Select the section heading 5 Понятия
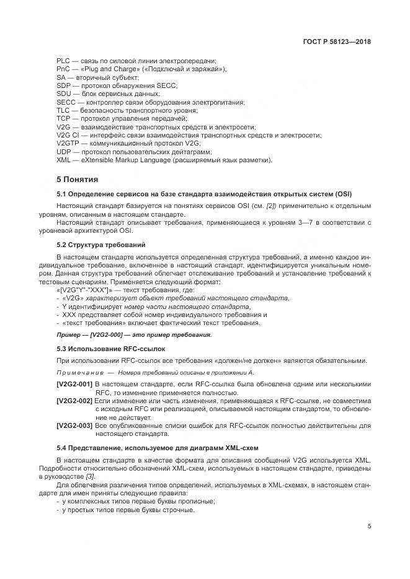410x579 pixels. [x=77, y=180]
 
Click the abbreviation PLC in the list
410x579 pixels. [x=63, y=61]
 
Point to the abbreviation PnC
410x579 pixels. [x=63, y=69]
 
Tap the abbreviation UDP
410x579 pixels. [x=64, y=151]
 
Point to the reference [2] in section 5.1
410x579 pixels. [x=272, y=205]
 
